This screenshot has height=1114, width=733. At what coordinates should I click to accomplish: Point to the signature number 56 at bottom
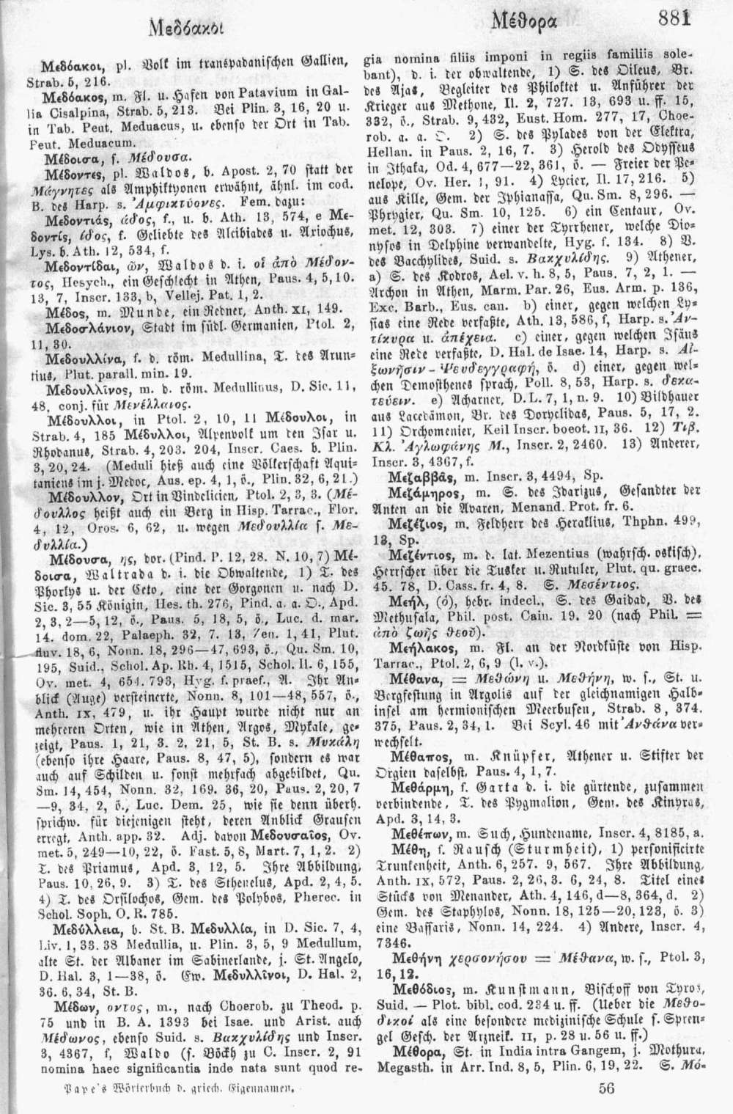605,1088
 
